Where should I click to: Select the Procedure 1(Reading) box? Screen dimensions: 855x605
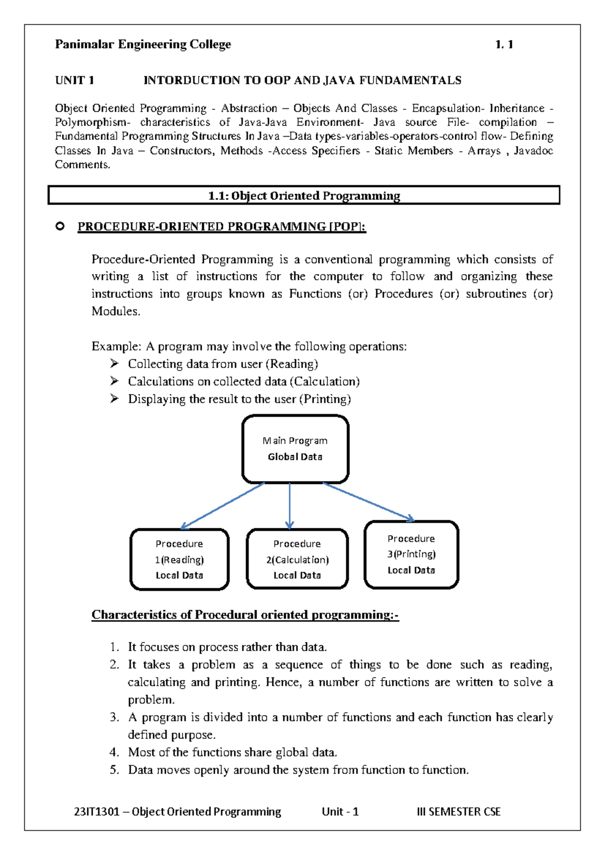[x=179, y=559]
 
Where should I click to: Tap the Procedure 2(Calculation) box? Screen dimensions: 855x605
[x=297, y=559]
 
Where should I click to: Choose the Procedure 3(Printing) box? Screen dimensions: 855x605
[x=411, y=554]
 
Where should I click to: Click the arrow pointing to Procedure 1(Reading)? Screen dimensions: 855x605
[x=222, y=506]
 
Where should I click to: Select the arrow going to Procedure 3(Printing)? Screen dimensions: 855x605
[x=368, y=501]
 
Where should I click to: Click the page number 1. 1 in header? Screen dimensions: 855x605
[x=504, y=44]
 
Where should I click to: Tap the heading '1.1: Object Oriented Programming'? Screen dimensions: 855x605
[x=304, y=196]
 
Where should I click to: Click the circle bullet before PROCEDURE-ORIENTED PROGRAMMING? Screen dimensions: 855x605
[x=60, y=226]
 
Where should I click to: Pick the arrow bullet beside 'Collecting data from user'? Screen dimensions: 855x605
[x=114, y=363]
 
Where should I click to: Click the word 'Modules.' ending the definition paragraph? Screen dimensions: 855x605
[x=116, y=311]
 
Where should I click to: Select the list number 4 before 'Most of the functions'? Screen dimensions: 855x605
[x=114, y=752]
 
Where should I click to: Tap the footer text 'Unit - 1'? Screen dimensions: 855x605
[x=340, y=812]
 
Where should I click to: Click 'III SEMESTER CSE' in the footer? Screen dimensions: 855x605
[x=458, y=812]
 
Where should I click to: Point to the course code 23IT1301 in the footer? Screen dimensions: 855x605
[x=96, y=812]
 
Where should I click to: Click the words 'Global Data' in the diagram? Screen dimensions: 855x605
[x=295, y=457]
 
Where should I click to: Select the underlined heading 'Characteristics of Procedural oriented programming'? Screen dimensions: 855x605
[x=245, y=615]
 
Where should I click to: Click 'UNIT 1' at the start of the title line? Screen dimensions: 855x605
[x=75, y=80]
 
